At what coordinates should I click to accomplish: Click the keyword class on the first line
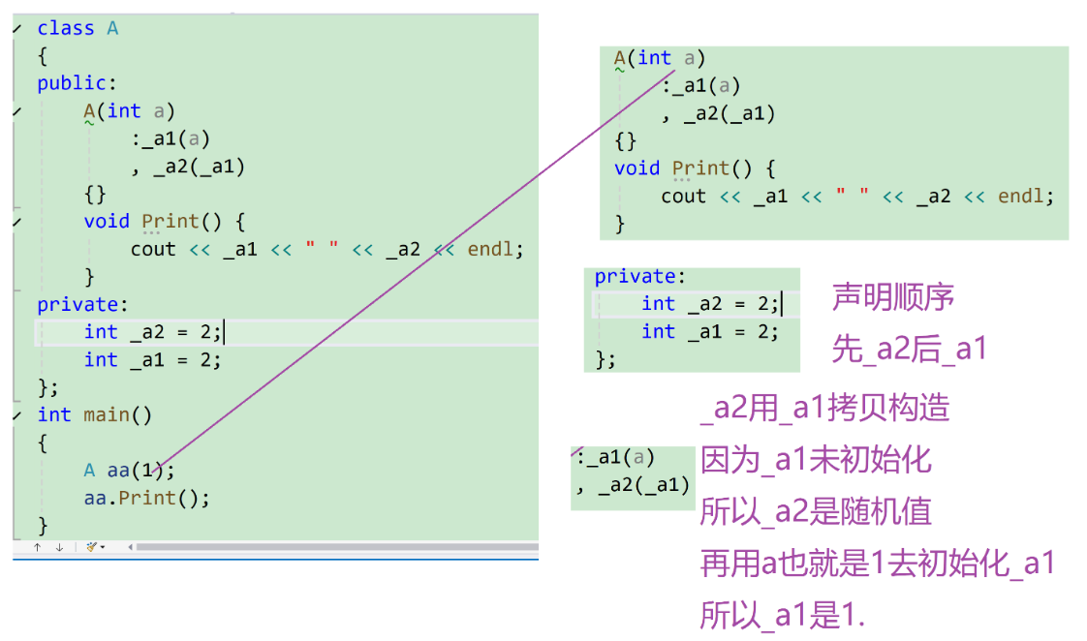[x=66, y=28]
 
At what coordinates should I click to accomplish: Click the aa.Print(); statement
[x=146, y=498]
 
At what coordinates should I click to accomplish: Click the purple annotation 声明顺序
[x=893, y=297]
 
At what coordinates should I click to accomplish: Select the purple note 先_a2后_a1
[x=909, y=350]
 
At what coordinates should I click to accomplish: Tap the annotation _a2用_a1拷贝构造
[x=824, y=408]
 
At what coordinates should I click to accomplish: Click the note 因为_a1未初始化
[x=816, y=459]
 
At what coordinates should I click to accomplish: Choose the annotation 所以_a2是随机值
[x=816, y=511]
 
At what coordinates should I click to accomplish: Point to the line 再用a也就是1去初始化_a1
[x=877, y=564]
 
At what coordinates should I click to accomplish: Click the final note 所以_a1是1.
[x=781, y=615]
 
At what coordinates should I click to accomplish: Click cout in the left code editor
[x=153, y=249]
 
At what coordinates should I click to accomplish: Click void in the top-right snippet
[x=637, y=168]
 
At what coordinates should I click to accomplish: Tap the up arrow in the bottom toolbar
[x=37, y=547]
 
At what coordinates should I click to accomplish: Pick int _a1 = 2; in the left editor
[x=152, y=360]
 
